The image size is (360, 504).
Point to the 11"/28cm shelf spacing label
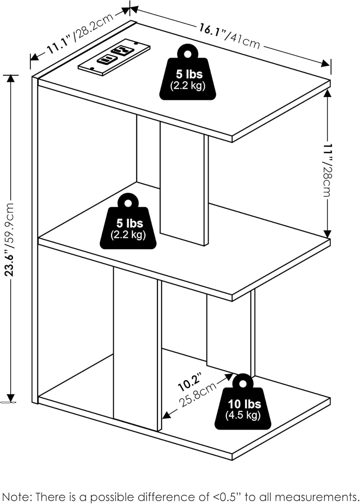pos(327,170)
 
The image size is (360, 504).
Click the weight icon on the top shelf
pos(187,72)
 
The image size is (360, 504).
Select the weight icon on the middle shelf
pos(128,221)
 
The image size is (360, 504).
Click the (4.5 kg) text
pos(243,415)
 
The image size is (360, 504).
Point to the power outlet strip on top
pos(114,57)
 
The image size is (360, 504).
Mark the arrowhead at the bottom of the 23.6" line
pos(10,397)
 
